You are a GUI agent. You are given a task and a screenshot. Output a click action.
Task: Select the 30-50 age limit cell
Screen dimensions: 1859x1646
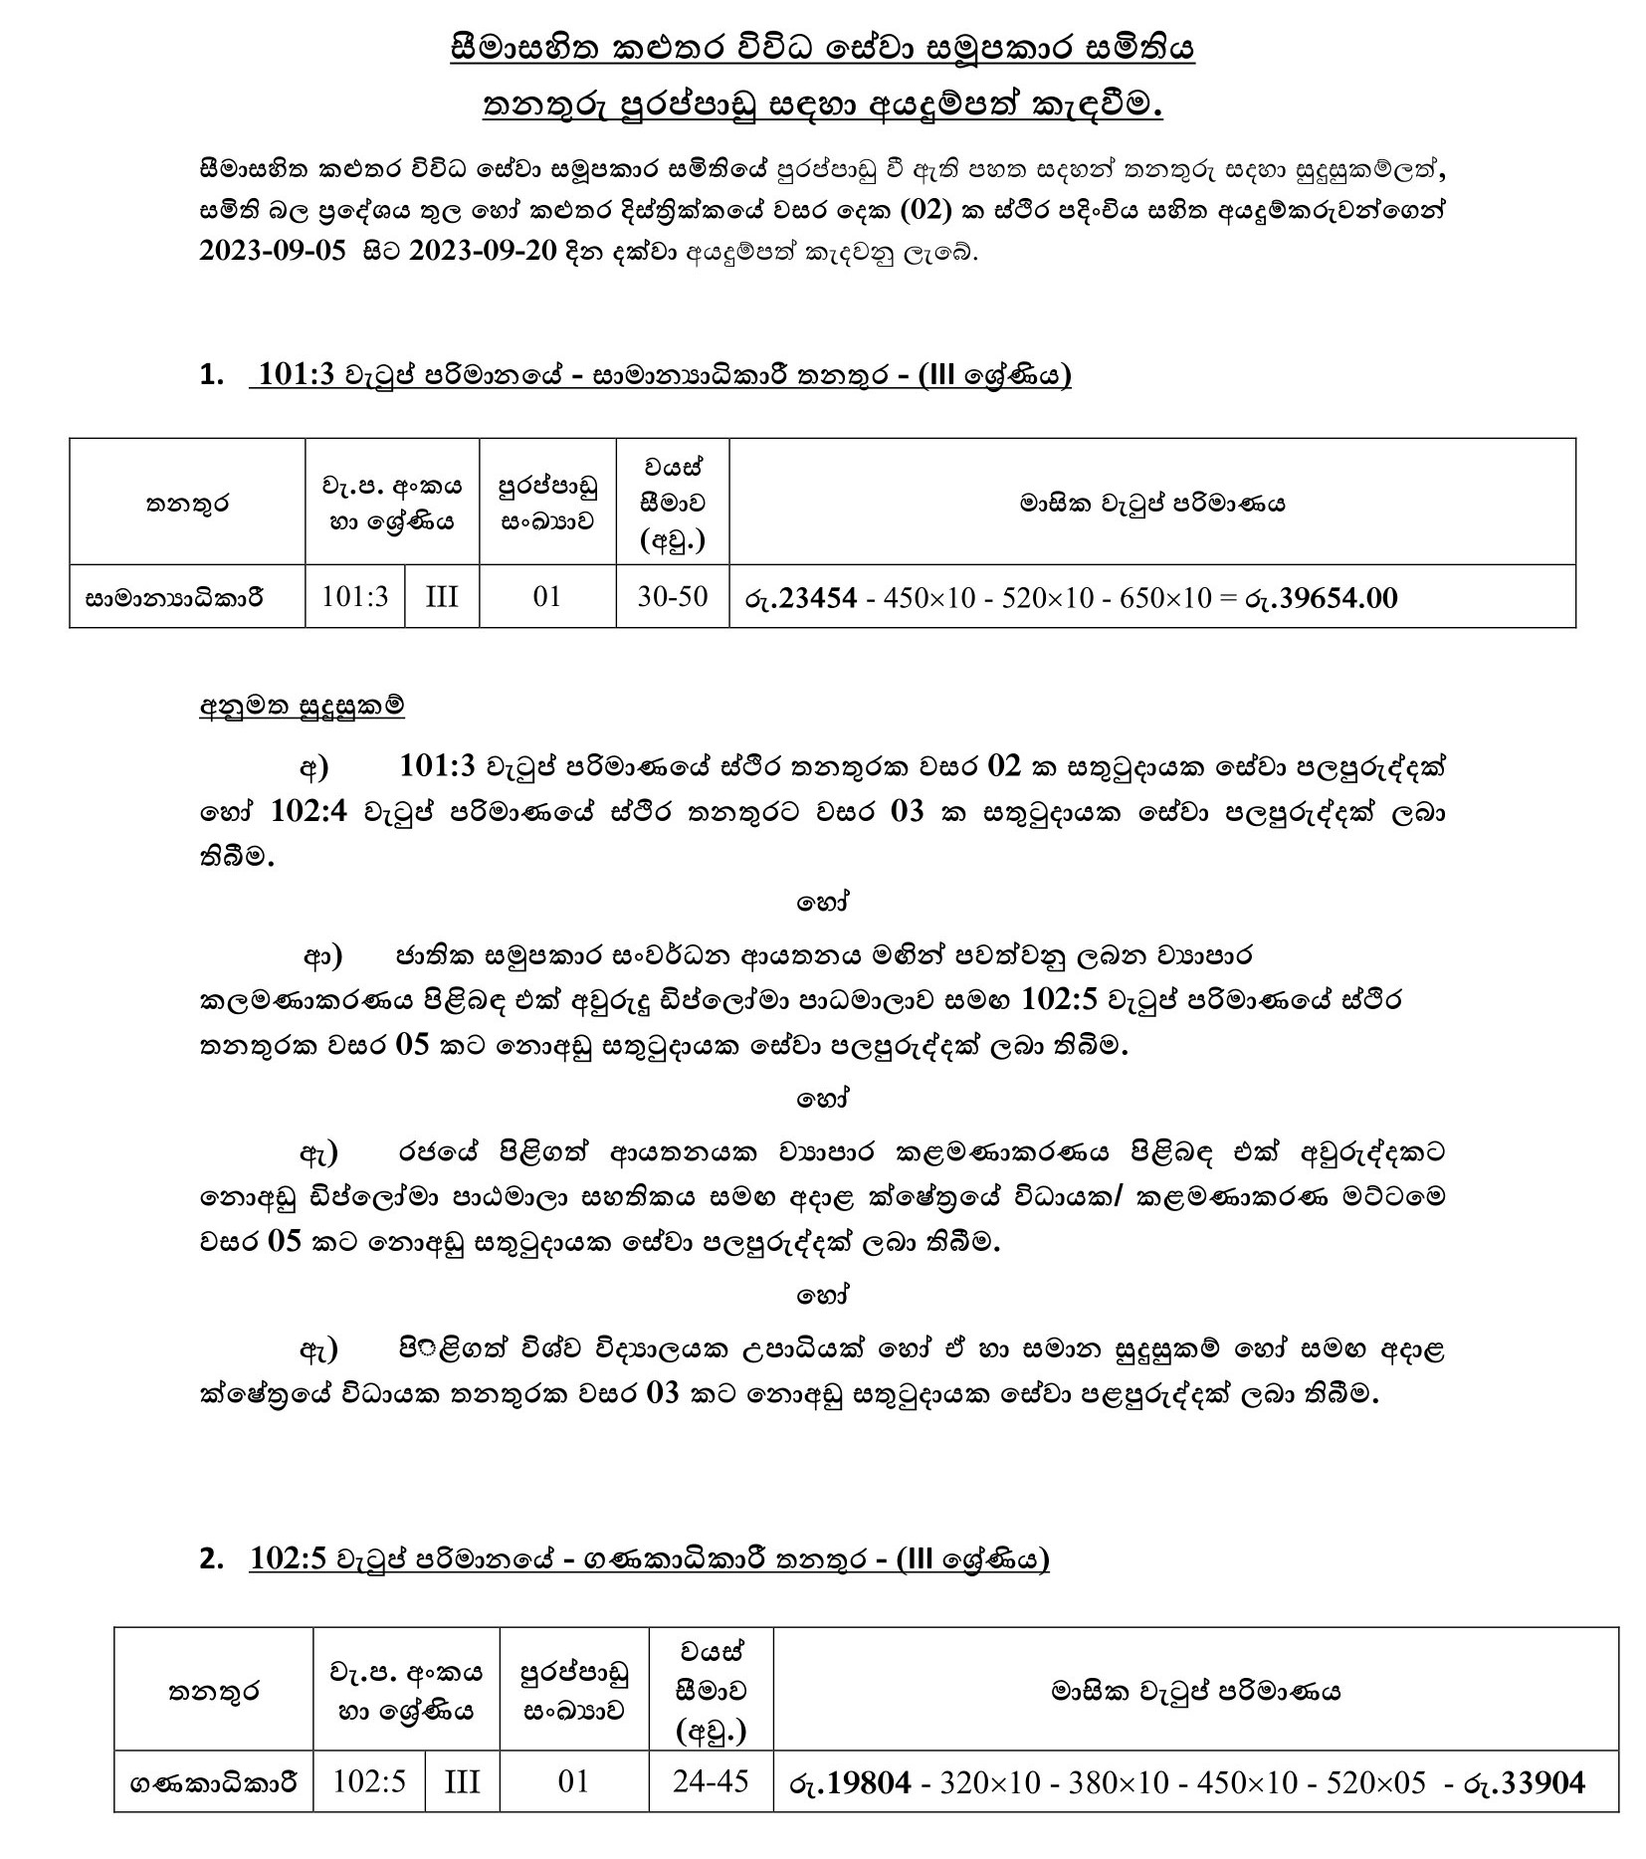click(673, 596)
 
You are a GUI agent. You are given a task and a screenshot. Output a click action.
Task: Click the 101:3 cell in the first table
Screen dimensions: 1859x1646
click(355, 596)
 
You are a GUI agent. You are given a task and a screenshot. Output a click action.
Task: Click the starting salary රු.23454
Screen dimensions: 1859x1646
click(800, 597)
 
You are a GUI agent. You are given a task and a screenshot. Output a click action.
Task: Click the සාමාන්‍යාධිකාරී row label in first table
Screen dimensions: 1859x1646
click(174, 598)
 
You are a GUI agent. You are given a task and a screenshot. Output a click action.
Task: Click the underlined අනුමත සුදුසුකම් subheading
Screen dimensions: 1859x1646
click(302, 707)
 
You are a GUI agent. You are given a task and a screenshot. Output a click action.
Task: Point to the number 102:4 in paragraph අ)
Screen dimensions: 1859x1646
click(309, 812)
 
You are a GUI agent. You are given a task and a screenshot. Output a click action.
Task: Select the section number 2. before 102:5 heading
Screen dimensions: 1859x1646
click(211, 1558)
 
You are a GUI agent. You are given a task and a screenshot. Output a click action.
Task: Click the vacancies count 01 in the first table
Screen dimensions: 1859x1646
click(547, 596)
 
